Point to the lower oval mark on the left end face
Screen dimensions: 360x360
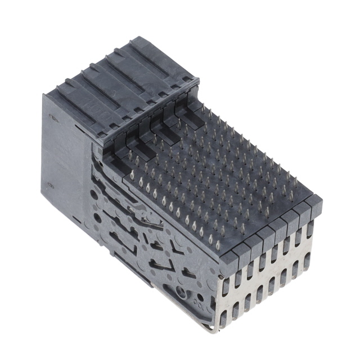50,185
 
